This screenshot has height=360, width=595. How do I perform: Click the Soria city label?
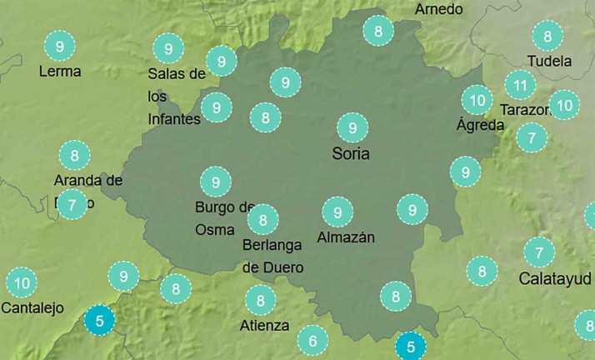click(x=350, y=154)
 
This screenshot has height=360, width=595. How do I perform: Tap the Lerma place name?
click(x=60, y=72)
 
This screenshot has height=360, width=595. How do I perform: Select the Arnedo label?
click(x=438, y=9)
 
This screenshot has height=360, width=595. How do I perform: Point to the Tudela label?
click(x=549, y=62)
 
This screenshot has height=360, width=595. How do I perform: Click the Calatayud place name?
click(x=555, y=278)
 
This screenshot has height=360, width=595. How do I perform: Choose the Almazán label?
click(x=346, y=237)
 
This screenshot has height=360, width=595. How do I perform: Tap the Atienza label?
click(x=264, y=325)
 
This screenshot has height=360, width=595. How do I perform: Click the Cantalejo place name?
click(x=32, y=308)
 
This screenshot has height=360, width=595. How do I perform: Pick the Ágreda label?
click(x=480, y=125)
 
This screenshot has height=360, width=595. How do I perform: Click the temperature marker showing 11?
click(x=521, y=85)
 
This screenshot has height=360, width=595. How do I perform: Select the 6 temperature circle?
click(x=312, y=340)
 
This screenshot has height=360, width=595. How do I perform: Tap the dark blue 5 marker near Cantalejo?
click(x=100, y=320)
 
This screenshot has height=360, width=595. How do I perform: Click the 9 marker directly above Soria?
click(x=352, y=127)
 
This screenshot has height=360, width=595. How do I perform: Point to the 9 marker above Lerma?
click(x=59, y=46)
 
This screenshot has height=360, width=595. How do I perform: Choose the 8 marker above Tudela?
click(x=547, y=37)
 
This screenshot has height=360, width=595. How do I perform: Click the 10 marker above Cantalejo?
click(x=22, y=283)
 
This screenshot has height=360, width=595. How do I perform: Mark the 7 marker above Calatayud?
click(x=539, y=252)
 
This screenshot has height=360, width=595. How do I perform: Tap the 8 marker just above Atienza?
click(x=261, y=300)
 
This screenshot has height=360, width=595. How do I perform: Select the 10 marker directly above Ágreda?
click(x=477, y=101)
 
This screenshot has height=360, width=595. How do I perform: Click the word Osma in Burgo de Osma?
click(x=215, y=229)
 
